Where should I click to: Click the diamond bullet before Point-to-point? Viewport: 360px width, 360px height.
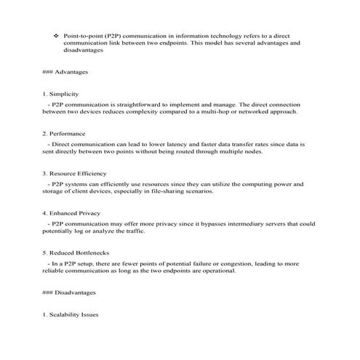click(x=56, y=35)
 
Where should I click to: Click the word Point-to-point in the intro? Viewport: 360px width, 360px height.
click(x=81, y=35)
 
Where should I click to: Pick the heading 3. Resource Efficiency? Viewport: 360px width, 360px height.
click(x=75, y=174)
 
